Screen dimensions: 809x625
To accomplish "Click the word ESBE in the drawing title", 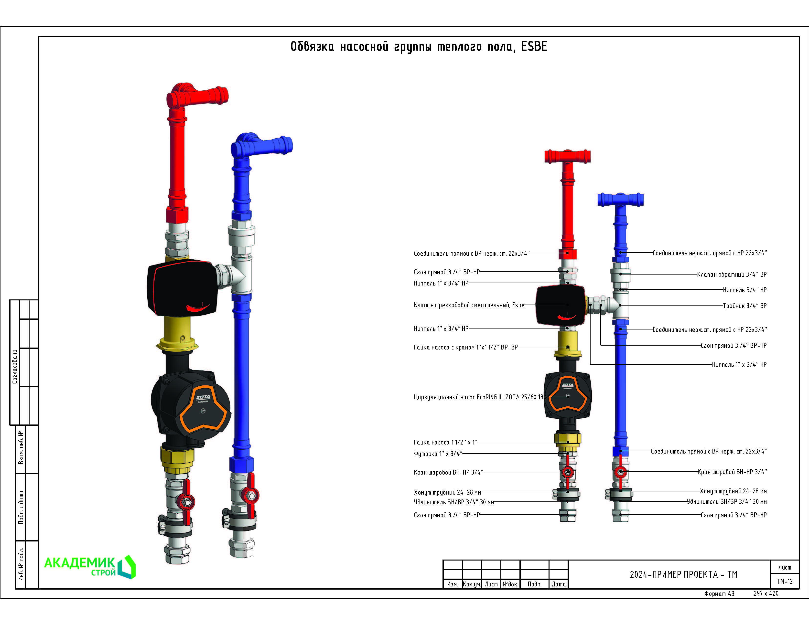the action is pos(534,47).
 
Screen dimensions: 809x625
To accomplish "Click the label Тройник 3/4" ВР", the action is pos(744,306).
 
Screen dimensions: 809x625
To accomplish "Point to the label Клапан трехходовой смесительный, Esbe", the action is pos(469,305).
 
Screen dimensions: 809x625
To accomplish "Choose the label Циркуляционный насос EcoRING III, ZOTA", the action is pos(478,397).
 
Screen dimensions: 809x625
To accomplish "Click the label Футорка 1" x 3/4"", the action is pos(438,454).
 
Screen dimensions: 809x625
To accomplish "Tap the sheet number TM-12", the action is pos(785,581).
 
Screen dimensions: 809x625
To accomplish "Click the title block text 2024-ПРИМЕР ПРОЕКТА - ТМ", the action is pos(683,574).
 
